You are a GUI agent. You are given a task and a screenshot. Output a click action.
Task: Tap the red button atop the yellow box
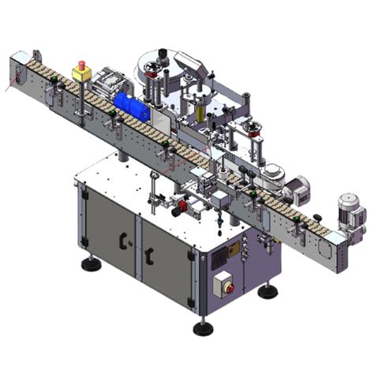coord(81,63)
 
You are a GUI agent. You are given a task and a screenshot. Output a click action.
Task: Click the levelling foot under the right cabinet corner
coord(268,291)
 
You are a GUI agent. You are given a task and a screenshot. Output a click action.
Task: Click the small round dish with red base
coord(255,129)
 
